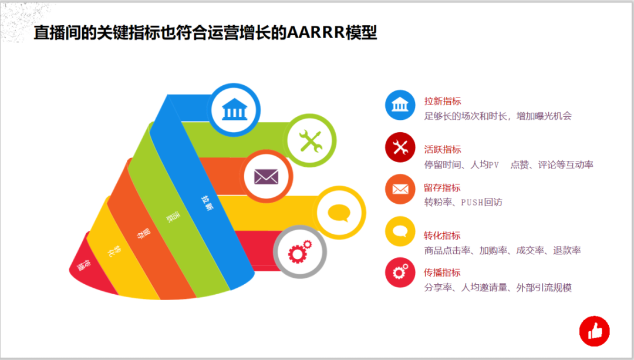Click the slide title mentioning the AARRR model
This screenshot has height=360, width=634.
pos(205,32)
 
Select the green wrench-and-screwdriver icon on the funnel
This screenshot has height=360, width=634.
pos(311,141)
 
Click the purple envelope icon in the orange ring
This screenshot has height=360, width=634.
pos(266,177)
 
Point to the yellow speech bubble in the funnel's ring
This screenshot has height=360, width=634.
pos(339,213)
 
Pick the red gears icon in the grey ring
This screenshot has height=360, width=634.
pos(299,251)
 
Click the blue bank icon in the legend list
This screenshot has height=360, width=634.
pos(400,105)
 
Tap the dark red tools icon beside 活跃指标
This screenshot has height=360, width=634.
pos(400,147)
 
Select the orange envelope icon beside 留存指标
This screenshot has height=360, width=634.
pos(400,189)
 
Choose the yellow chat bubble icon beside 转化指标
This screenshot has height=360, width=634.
pos(400,231)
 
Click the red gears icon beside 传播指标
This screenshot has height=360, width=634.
pos(400,272)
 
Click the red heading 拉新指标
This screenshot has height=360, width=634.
pos(443,101)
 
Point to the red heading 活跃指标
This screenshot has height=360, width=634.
pos(443,149)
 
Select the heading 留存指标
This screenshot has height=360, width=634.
pos(442,188)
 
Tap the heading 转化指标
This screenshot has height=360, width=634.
pos(442,235)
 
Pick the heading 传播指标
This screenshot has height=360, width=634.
pos(442,272)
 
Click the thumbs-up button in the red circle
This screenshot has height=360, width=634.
pos(594,331)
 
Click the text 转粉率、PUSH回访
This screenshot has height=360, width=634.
pos(463,202)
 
